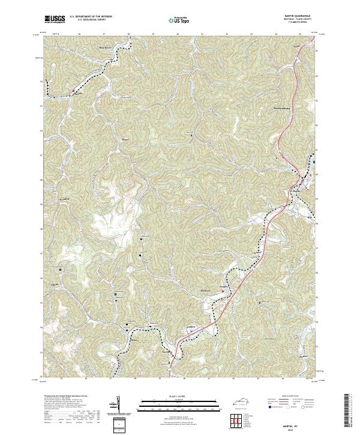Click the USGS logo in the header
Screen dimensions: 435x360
55,20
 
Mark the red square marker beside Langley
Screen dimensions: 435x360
74,91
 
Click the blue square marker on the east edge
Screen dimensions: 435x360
314,161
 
